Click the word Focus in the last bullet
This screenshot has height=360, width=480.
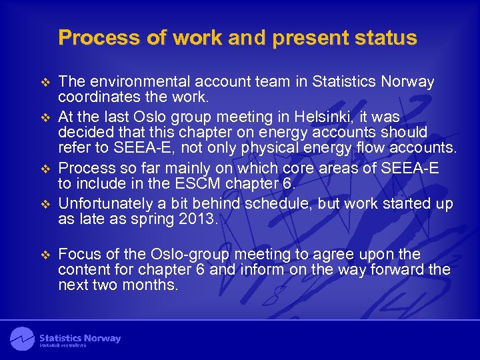[x=78, y=254]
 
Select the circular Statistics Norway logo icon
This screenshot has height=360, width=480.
[x=22, y=338]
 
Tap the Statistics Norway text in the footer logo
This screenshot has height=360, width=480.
[x=80, y=338]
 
